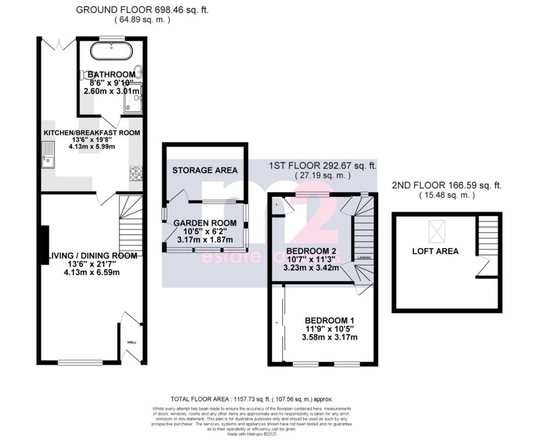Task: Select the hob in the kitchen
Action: (137, 173)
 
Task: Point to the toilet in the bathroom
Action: (89, 74)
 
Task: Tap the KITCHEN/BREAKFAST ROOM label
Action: (92, 133)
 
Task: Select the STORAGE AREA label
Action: (205, 170)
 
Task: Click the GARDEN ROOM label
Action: (205, 223)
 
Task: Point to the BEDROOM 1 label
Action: (330, 321)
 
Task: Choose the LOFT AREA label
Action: (435, 251)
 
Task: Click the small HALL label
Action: (131, 342)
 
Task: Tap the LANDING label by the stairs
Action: (364, 257)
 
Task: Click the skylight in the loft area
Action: (436, 231)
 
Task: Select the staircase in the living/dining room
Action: (131, 224)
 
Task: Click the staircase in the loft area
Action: (489, 239)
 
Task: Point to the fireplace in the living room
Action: (44, 244)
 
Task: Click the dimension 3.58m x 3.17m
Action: (330, 337)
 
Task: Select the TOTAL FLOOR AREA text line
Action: (251, 399)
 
